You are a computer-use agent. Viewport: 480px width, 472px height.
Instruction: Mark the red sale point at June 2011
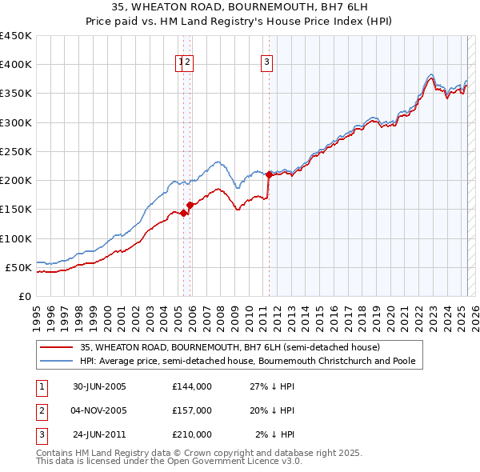coord(269,174)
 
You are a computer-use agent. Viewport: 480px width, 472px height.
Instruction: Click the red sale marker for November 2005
coord(190,205)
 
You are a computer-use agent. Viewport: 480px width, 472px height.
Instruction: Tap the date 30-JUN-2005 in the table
coord(100,386)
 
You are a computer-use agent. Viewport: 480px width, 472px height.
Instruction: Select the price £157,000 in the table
coord(192,410)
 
